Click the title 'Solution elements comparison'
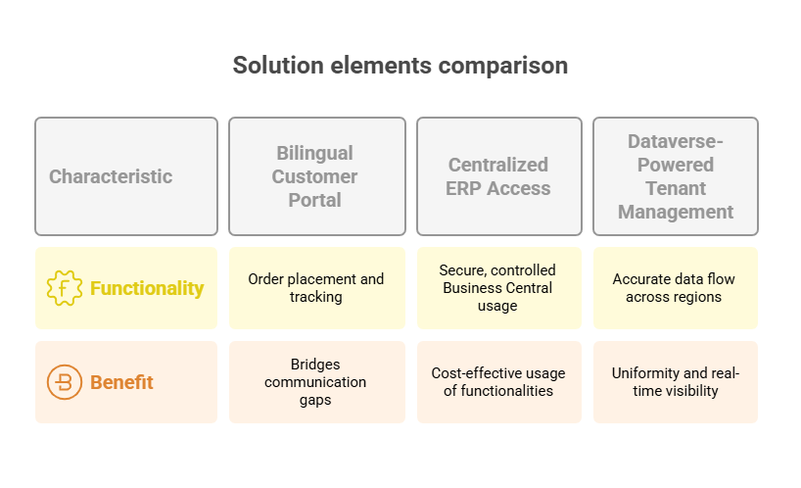[x=400, y=66]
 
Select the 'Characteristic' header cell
[x=126, y=176]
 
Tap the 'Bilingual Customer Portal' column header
[x=317, y=176]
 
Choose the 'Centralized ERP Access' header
[x=499, y=176]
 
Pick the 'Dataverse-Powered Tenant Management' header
[x=676, y=176]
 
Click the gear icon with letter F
[x=65, y=288]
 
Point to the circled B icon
[x=65, y=382]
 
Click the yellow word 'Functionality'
[x=147, y=288]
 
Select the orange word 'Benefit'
[x=121, y=382]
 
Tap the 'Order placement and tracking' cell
[x=317, y=288]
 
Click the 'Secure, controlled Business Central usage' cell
[x=499, y=288]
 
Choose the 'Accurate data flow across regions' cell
[x=676, y=288]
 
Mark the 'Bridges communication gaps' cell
[x=317, y=382]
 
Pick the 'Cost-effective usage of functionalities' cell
[x=499, y=382]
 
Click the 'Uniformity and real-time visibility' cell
[x=676, y=382]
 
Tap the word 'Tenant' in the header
[x=676, y=188]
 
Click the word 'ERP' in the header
[x=463, y=188]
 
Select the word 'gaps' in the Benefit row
[x=315, y=400]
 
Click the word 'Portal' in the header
[x=314, y=200]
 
